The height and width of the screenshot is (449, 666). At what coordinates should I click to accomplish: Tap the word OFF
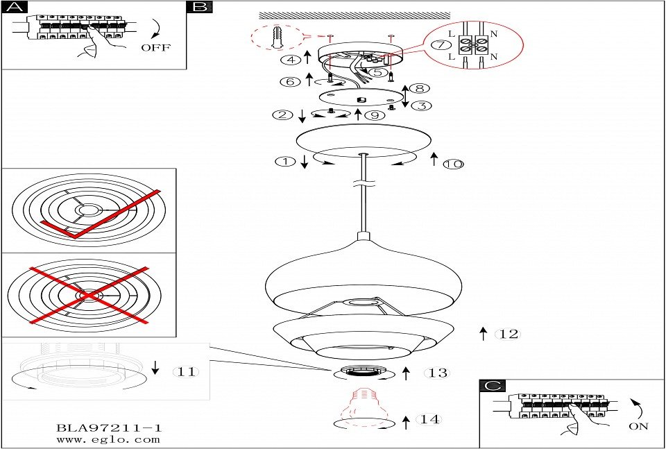point(155,48)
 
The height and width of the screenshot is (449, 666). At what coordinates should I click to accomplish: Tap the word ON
point(638,426)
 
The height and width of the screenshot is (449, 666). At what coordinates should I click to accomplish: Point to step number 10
point(453,164)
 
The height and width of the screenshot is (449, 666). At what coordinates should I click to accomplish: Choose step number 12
point(509,334)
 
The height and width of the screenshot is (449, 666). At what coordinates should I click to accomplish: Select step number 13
point(438,373)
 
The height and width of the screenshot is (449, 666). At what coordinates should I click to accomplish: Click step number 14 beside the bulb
point(429,420)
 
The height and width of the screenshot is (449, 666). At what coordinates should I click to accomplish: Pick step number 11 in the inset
point(186,372)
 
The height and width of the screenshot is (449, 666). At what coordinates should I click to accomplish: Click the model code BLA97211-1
point(109,428)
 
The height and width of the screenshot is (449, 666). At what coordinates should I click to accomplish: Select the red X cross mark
point(89,295)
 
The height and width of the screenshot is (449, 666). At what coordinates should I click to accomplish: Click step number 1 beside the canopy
point(285,162)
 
